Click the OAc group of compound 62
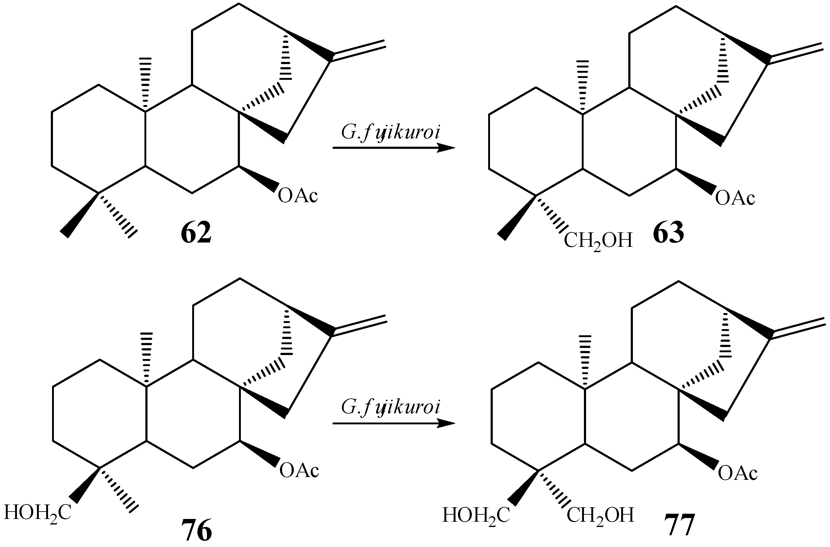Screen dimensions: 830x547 click(298, 195)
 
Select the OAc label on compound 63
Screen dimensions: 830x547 click(735, 198)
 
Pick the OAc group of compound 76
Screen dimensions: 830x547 click(299, 470)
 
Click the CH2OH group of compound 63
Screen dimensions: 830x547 click(598, 241)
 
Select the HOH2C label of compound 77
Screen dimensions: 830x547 click(476, 516)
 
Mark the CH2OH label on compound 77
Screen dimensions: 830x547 click(600, 516)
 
